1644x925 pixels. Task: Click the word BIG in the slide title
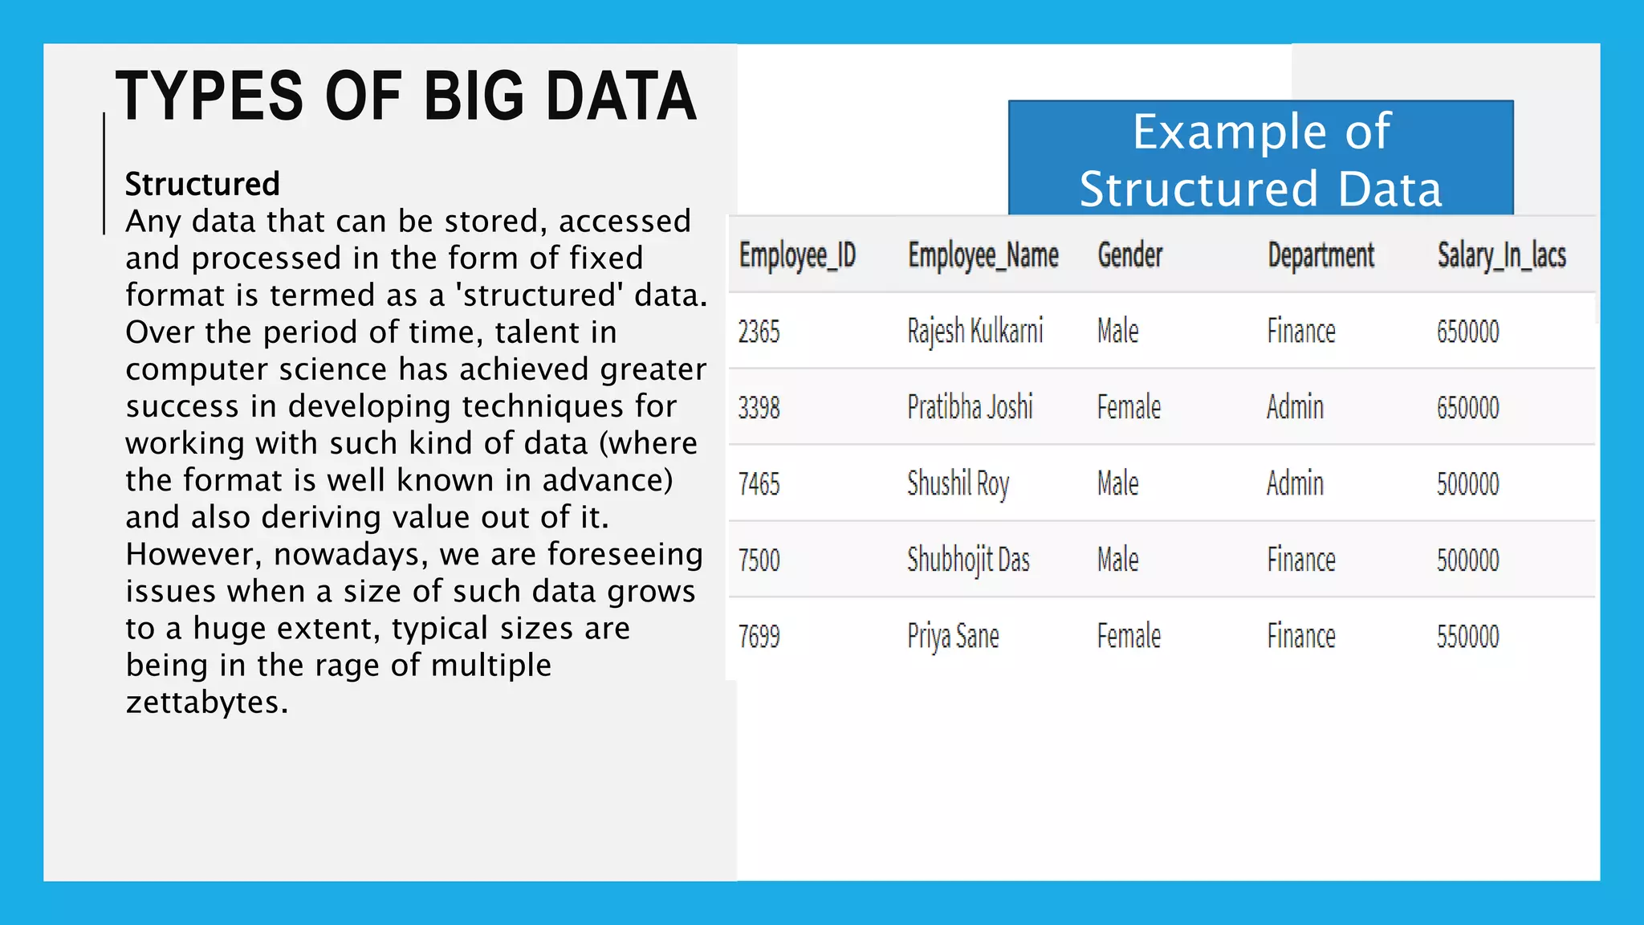point(474,96)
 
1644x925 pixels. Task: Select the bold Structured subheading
point(202,184)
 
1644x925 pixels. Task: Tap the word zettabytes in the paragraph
point(206,703)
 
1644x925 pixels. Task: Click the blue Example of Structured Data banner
point(1260,159)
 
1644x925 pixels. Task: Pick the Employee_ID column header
point(797,255)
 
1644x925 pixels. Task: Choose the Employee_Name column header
point(983,255)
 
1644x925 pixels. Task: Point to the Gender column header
point(1129,255)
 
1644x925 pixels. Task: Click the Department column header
point(1320,255)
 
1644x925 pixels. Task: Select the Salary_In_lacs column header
point(1501,255)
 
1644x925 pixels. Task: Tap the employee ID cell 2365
point(759,331)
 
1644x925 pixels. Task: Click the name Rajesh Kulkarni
point(975,331)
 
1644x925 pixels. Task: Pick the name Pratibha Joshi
point(970,407)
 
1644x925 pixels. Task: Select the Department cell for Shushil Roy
point(1295,483)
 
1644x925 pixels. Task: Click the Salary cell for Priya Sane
point(1467,636)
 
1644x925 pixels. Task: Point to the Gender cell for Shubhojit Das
point(1117,560)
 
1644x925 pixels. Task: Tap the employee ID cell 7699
point(759,636)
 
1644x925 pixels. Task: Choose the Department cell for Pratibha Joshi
point(1295,407)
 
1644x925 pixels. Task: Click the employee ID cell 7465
point(759,483)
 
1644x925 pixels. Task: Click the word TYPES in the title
point(210,96)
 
